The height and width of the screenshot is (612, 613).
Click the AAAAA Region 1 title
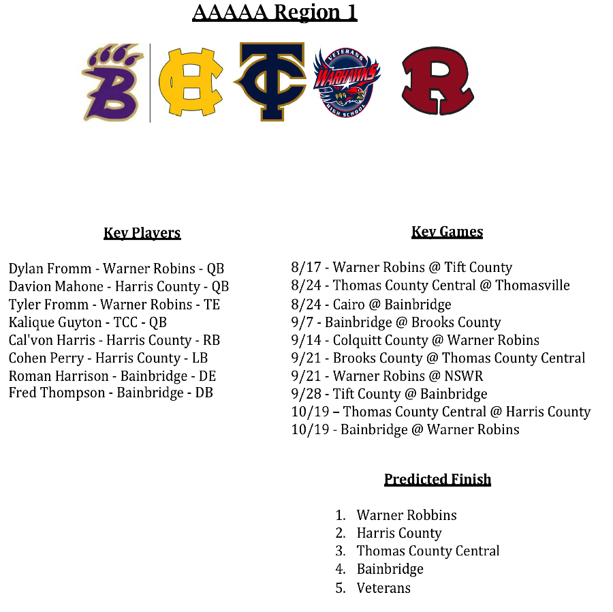pyautogui.click(x=274, y=12)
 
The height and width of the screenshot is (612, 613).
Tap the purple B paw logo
pyautogui.click(x=113, y=82)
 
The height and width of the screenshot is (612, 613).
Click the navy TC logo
pyautogui.click(x=271, y=82)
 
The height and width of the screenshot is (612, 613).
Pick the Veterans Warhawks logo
pyautogui.click(x=347, y=82)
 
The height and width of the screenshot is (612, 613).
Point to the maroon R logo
pyautogui.click(x=437, y=82)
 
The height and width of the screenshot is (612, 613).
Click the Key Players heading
pyautogui.click(x=142, y=233)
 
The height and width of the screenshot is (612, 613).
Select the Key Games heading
pyautogui.click(x=447, y=232)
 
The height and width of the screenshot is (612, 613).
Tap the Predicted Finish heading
pyautogui.click(x=437, y=479)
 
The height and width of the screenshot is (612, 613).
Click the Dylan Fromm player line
pyautogui.click(x=116, y=269)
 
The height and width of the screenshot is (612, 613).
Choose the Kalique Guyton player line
pyautogui.click(x=88, y=322)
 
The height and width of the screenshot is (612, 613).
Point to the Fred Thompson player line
pyautogui.click(x=111, y=393)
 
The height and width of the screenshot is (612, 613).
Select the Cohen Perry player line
pyautogui.click(x=108, y=358)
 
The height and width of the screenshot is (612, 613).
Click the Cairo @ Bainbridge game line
pyautogui.click(x=371, y=305)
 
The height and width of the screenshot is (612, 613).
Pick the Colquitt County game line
pyautogui.click(x=415, y=340)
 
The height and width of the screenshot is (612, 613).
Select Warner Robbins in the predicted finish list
pyautogui.click(x=407, y=515)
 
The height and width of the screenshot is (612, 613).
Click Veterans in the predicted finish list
pyautogui.click(x=383, y=587)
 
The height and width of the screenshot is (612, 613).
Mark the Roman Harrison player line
pyautogui.click(x=112, y=376)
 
